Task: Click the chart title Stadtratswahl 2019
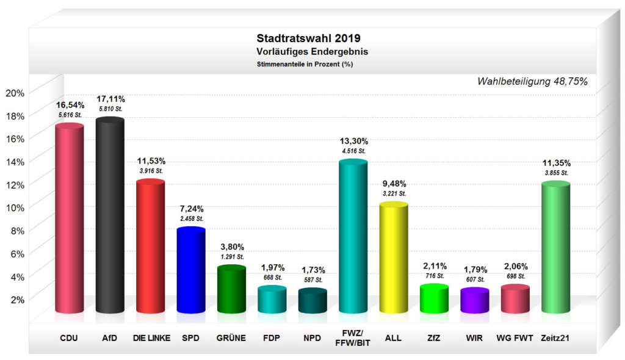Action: (x=311, y=38)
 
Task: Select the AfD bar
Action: (x=110, y=217)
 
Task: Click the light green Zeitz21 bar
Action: (x=555, y=247)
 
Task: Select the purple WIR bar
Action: (x=474, y=301)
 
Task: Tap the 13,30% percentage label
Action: (x=353, y=142)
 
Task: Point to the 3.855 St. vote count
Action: (x=555, y=173)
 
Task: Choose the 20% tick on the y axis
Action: (x=15, y=93)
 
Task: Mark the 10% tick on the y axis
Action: (x=15, y=207)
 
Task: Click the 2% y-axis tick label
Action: (x=16, y=299)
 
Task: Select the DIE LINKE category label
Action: (x=150, y=337)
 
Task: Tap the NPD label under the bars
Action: (x=312, y=337)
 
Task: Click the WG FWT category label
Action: (x=515, y=337)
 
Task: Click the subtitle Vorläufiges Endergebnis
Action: (x=311, y=52)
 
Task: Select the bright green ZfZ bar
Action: (x=434, y=299)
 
